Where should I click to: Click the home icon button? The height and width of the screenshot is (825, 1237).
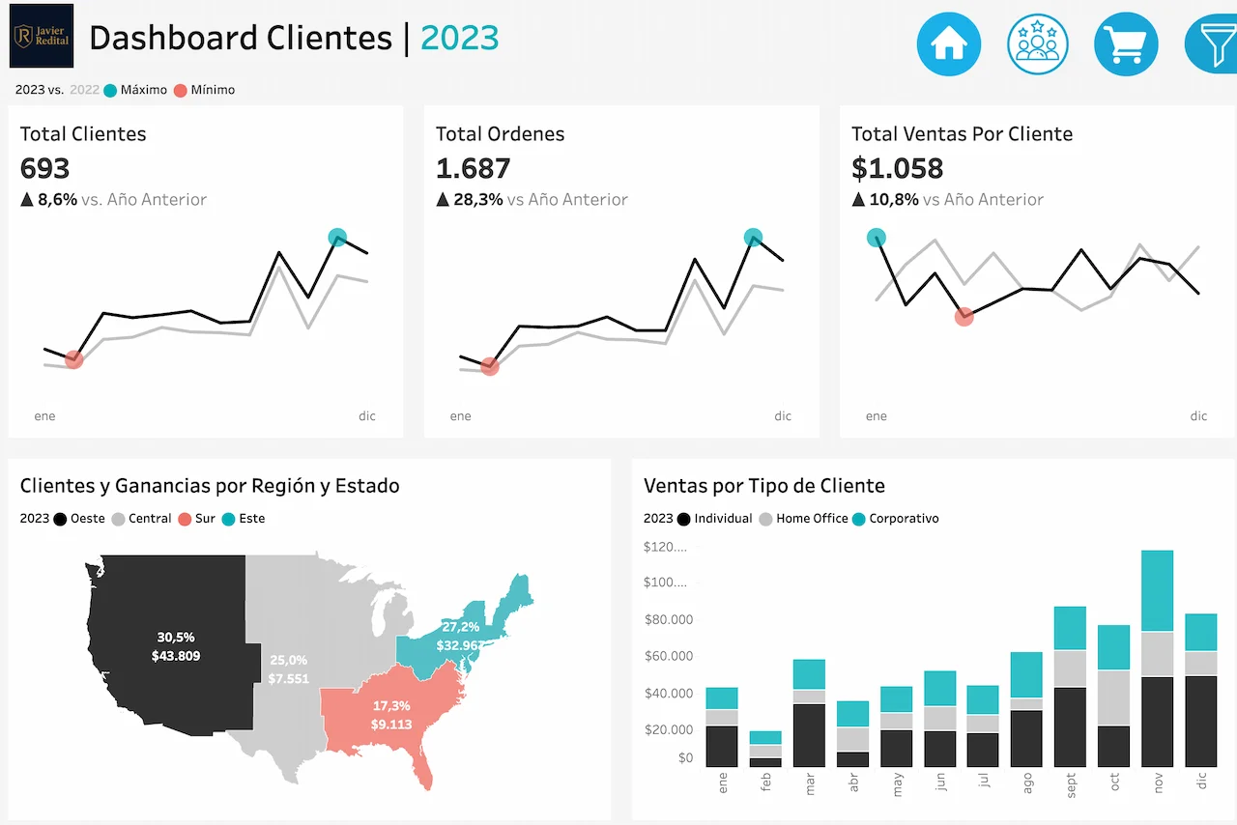pyautogui.click(x=948, y=43)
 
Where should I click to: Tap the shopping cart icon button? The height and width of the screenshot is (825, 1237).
pyautogui.click(x=1126, y=43)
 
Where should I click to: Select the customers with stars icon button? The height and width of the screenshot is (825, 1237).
pyautogui.click(x=1037, y=43)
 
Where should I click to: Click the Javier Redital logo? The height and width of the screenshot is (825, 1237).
pyautogui.click(x=42, y=36)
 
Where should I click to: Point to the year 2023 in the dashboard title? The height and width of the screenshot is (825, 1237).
pyautogui.click(x=459, y=38)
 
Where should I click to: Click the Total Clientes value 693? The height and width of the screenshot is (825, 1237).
pyautogui.click(x=45, y=168)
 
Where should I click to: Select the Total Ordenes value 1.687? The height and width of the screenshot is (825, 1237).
pyautogui.click(x=473, y=168)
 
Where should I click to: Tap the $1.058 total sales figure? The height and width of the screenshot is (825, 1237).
pyautogui.click(x=897, y=168)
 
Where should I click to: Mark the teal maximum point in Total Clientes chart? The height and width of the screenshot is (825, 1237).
pyautogui.click(x=337, y=237)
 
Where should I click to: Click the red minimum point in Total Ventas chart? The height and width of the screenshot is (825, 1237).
pyautogui.click(x=964, y=316)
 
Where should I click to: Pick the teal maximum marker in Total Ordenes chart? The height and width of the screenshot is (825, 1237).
pyautogui.click(x=754, y=237)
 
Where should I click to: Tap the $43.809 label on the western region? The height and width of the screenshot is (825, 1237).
pyautogui.click(x=176, y=656)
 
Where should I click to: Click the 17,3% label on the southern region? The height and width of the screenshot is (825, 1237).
pyautogui.click(x=391, y=705)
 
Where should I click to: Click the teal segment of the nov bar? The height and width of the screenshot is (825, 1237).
pyautogui.click(x=1157, y=590)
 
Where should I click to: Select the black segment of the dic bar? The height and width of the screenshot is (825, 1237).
pyautogui.click(x=1200, y=721)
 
